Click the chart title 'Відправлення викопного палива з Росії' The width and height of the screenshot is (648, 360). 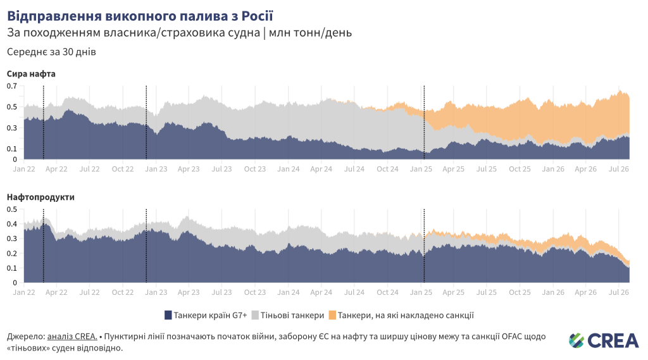tap(140, 16)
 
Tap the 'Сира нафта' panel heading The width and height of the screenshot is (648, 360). tap(31, 74)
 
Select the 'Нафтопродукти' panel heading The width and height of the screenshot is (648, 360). tap(40, 197)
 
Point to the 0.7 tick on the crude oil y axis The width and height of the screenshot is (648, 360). tap(12, 86)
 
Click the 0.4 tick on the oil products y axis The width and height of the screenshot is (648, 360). tap(12, 224)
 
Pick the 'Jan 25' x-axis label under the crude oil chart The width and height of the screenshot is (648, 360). tap(421, 169)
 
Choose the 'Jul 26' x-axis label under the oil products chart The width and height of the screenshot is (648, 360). tap(619, 292)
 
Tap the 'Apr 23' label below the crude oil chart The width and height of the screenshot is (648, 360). tap(189, 169)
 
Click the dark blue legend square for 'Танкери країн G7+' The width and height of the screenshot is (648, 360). tap(168, 315)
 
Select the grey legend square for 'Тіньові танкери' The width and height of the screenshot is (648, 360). tap(255, 315)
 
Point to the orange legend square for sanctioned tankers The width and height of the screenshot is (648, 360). tap(332, 315)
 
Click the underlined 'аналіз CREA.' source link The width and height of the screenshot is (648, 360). tap(72, 337)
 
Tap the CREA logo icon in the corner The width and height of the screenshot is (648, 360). tap(576, 340)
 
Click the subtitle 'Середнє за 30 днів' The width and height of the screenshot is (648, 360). tap(51, 52)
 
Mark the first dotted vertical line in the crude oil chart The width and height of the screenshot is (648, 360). tap(44, 122)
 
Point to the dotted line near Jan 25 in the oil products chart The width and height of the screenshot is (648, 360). tap(424, 246)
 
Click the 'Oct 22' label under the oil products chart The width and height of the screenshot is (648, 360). tap(123, 292)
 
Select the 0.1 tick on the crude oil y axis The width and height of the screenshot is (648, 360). tap(12, 149)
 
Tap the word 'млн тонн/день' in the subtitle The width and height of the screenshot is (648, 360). tap(310, 33)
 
